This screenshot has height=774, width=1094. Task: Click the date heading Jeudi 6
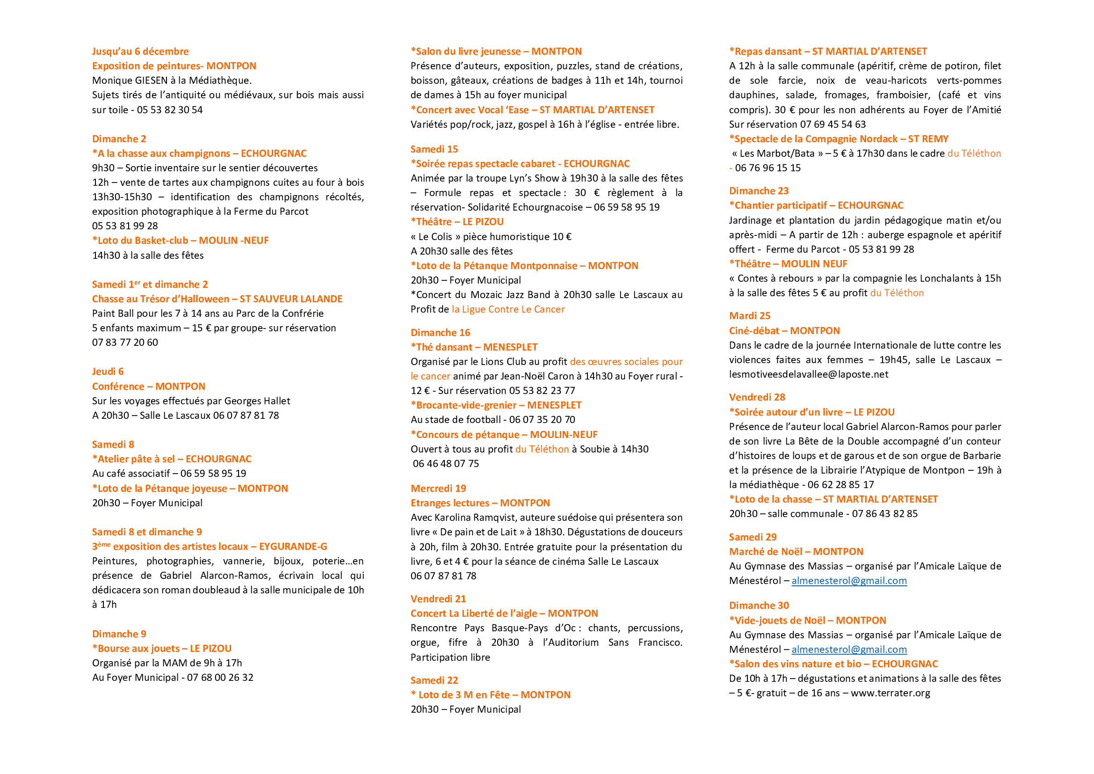(108, 372)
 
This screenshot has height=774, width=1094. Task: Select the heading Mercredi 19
(438, 489)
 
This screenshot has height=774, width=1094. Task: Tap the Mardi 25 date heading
(749, 316)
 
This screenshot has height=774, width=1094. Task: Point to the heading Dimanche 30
(759, 606)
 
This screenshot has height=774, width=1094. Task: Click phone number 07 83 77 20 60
(125, 343)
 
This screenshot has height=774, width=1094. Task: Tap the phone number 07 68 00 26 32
(220, 678)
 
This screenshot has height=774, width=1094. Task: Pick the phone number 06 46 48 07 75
(446, 464)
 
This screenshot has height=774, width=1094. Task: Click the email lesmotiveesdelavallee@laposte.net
(809, 375)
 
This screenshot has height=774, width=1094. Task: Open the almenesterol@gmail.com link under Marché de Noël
(849, 581)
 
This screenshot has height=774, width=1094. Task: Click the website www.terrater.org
(891, 694)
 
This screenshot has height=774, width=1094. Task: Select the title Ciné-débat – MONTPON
(784, 331)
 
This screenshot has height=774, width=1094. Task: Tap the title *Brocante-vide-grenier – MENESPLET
(496, 406)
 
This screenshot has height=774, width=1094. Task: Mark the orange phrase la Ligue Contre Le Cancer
(508, 309)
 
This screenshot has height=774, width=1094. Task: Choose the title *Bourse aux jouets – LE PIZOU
(162, 649)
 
